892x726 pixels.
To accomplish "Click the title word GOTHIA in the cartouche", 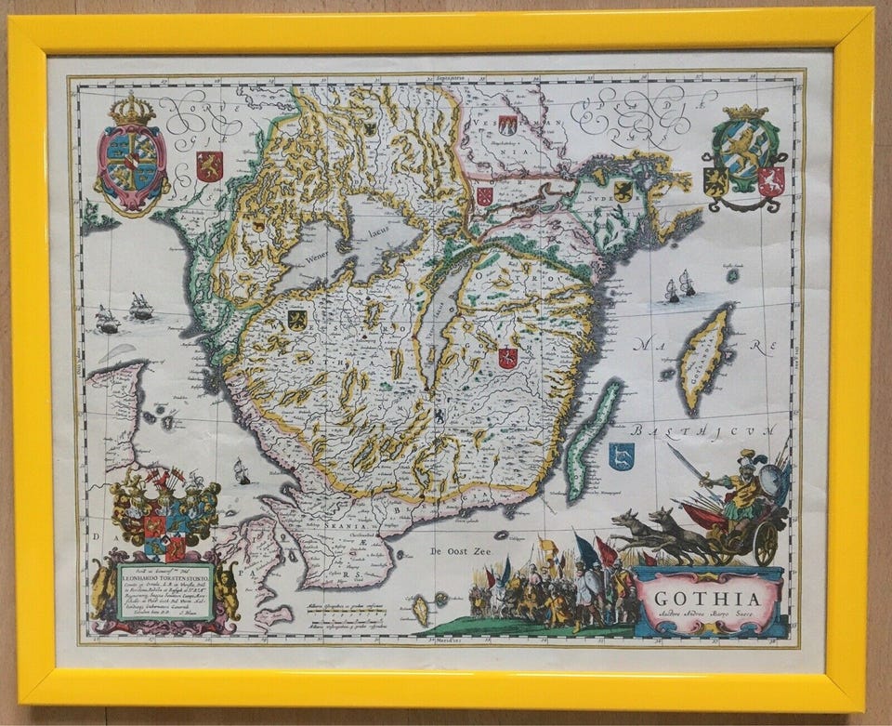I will click(x=708, y=598).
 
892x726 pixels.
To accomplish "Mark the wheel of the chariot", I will click(x=765, y=543).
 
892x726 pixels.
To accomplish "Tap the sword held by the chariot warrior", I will click(x=687, y=462).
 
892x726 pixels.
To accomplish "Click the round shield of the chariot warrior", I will click(x=769, y=482).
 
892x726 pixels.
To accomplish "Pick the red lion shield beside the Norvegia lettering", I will click(x=209, y=165).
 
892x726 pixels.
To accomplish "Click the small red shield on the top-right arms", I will click(x=771, y=180).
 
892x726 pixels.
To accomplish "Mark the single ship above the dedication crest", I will click(x=242, y=471).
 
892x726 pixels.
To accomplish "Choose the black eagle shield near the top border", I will click(x=370, y=128).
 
